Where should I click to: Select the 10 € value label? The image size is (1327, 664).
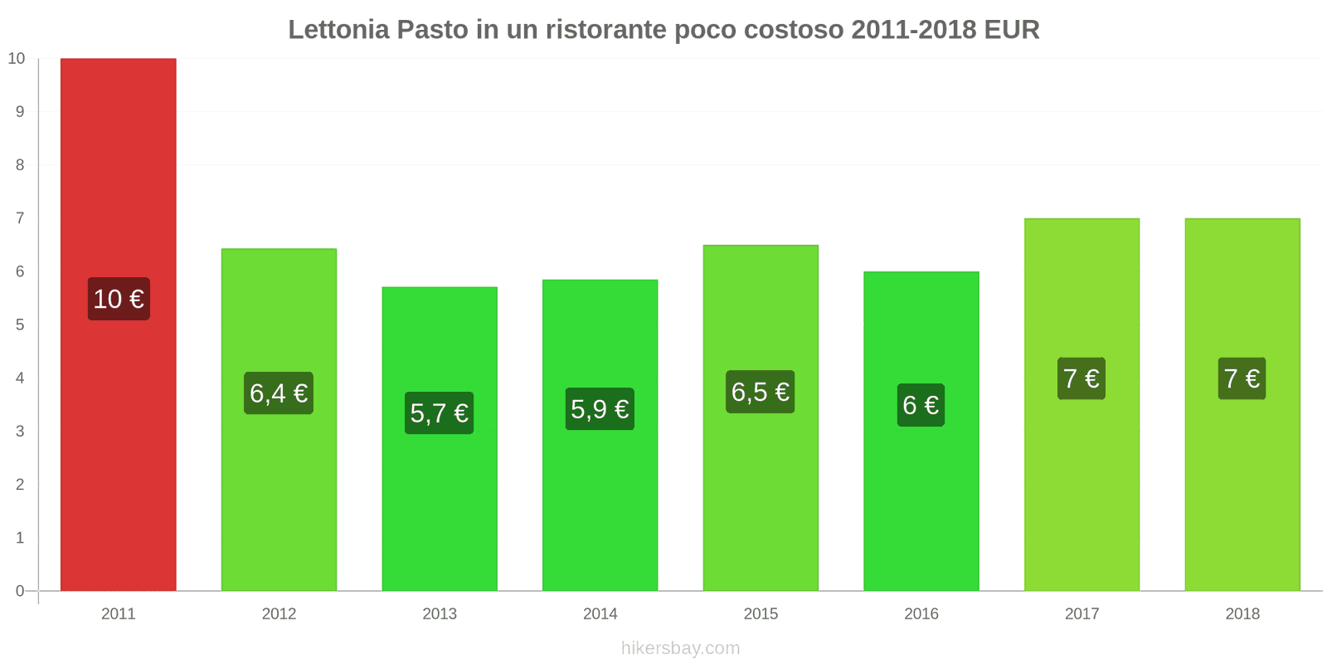119,299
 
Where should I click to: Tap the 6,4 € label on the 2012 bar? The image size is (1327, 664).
279,393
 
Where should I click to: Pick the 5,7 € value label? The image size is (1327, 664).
439,413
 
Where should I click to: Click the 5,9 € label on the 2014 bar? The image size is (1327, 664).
600,409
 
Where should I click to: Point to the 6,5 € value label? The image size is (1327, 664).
760,392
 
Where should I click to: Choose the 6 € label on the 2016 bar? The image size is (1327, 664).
921,405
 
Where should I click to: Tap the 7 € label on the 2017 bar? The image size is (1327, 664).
1082,378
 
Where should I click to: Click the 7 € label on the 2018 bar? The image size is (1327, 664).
1242,378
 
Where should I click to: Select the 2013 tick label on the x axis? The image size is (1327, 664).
440,614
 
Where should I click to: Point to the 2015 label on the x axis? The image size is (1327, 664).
761,614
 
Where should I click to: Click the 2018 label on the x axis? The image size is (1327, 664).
1242,614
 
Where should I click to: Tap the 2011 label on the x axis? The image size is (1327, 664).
118,614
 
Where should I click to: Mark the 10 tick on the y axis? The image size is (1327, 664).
17,59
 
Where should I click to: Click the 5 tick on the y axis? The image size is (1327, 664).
20,325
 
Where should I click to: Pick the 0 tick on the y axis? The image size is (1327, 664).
20,591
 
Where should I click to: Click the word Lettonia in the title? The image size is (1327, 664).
338,30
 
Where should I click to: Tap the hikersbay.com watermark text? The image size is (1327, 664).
680,648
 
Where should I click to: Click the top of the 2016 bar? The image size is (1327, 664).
921,272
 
